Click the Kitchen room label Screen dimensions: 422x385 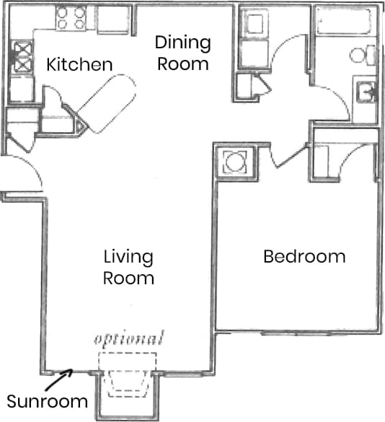point(79,65)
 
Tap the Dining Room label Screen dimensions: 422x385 point(183,53)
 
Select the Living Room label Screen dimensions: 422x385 point(128,267)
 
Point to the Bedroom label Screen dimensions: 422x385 point(304,256)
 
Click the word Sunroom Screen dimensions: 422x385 point(47,402)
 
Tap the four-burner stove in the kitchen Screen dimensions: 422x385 point(70,18)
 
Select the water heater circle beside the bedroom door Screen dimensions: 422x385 point(235,162)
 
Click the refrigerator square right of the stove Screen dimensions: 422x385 point(113,20)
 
